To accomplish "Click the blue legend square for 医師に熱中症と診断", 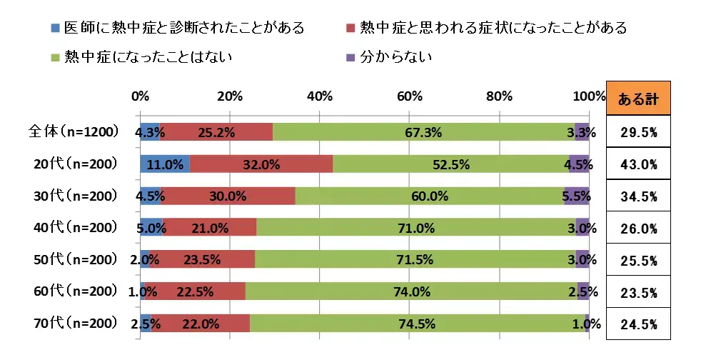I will click(56, 29).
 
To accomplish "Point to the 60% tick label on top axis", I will click(410, 96).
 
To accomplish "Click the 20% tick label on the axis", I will click(230, 96).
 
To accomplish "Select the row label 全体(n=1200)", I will click(71, 131).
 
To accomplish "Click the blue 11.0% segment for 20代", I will click(165, 164).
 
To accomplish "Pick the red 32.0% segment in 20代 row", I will click(261, 164).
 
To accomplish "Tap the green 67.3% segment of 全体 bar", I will click(423, 132).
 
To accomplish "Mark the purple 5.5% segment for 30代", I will click(577, 196).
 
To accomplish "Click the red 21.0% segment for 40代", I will click(210, 228).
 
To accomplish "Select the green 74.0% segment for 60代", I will click(411, 291).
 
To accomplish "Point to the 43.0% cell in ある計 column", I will click(637, 164).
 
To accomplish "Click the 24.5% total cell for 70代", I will click(637, 324).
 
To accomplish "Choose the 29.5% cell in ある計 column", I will click(637, 132).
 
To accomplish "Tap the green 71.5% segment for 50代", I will click(415, 259).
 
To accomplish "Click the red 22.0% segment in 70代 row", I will click(201, 324).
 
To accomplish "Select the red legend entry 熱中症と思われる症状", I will click(485, 29).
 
